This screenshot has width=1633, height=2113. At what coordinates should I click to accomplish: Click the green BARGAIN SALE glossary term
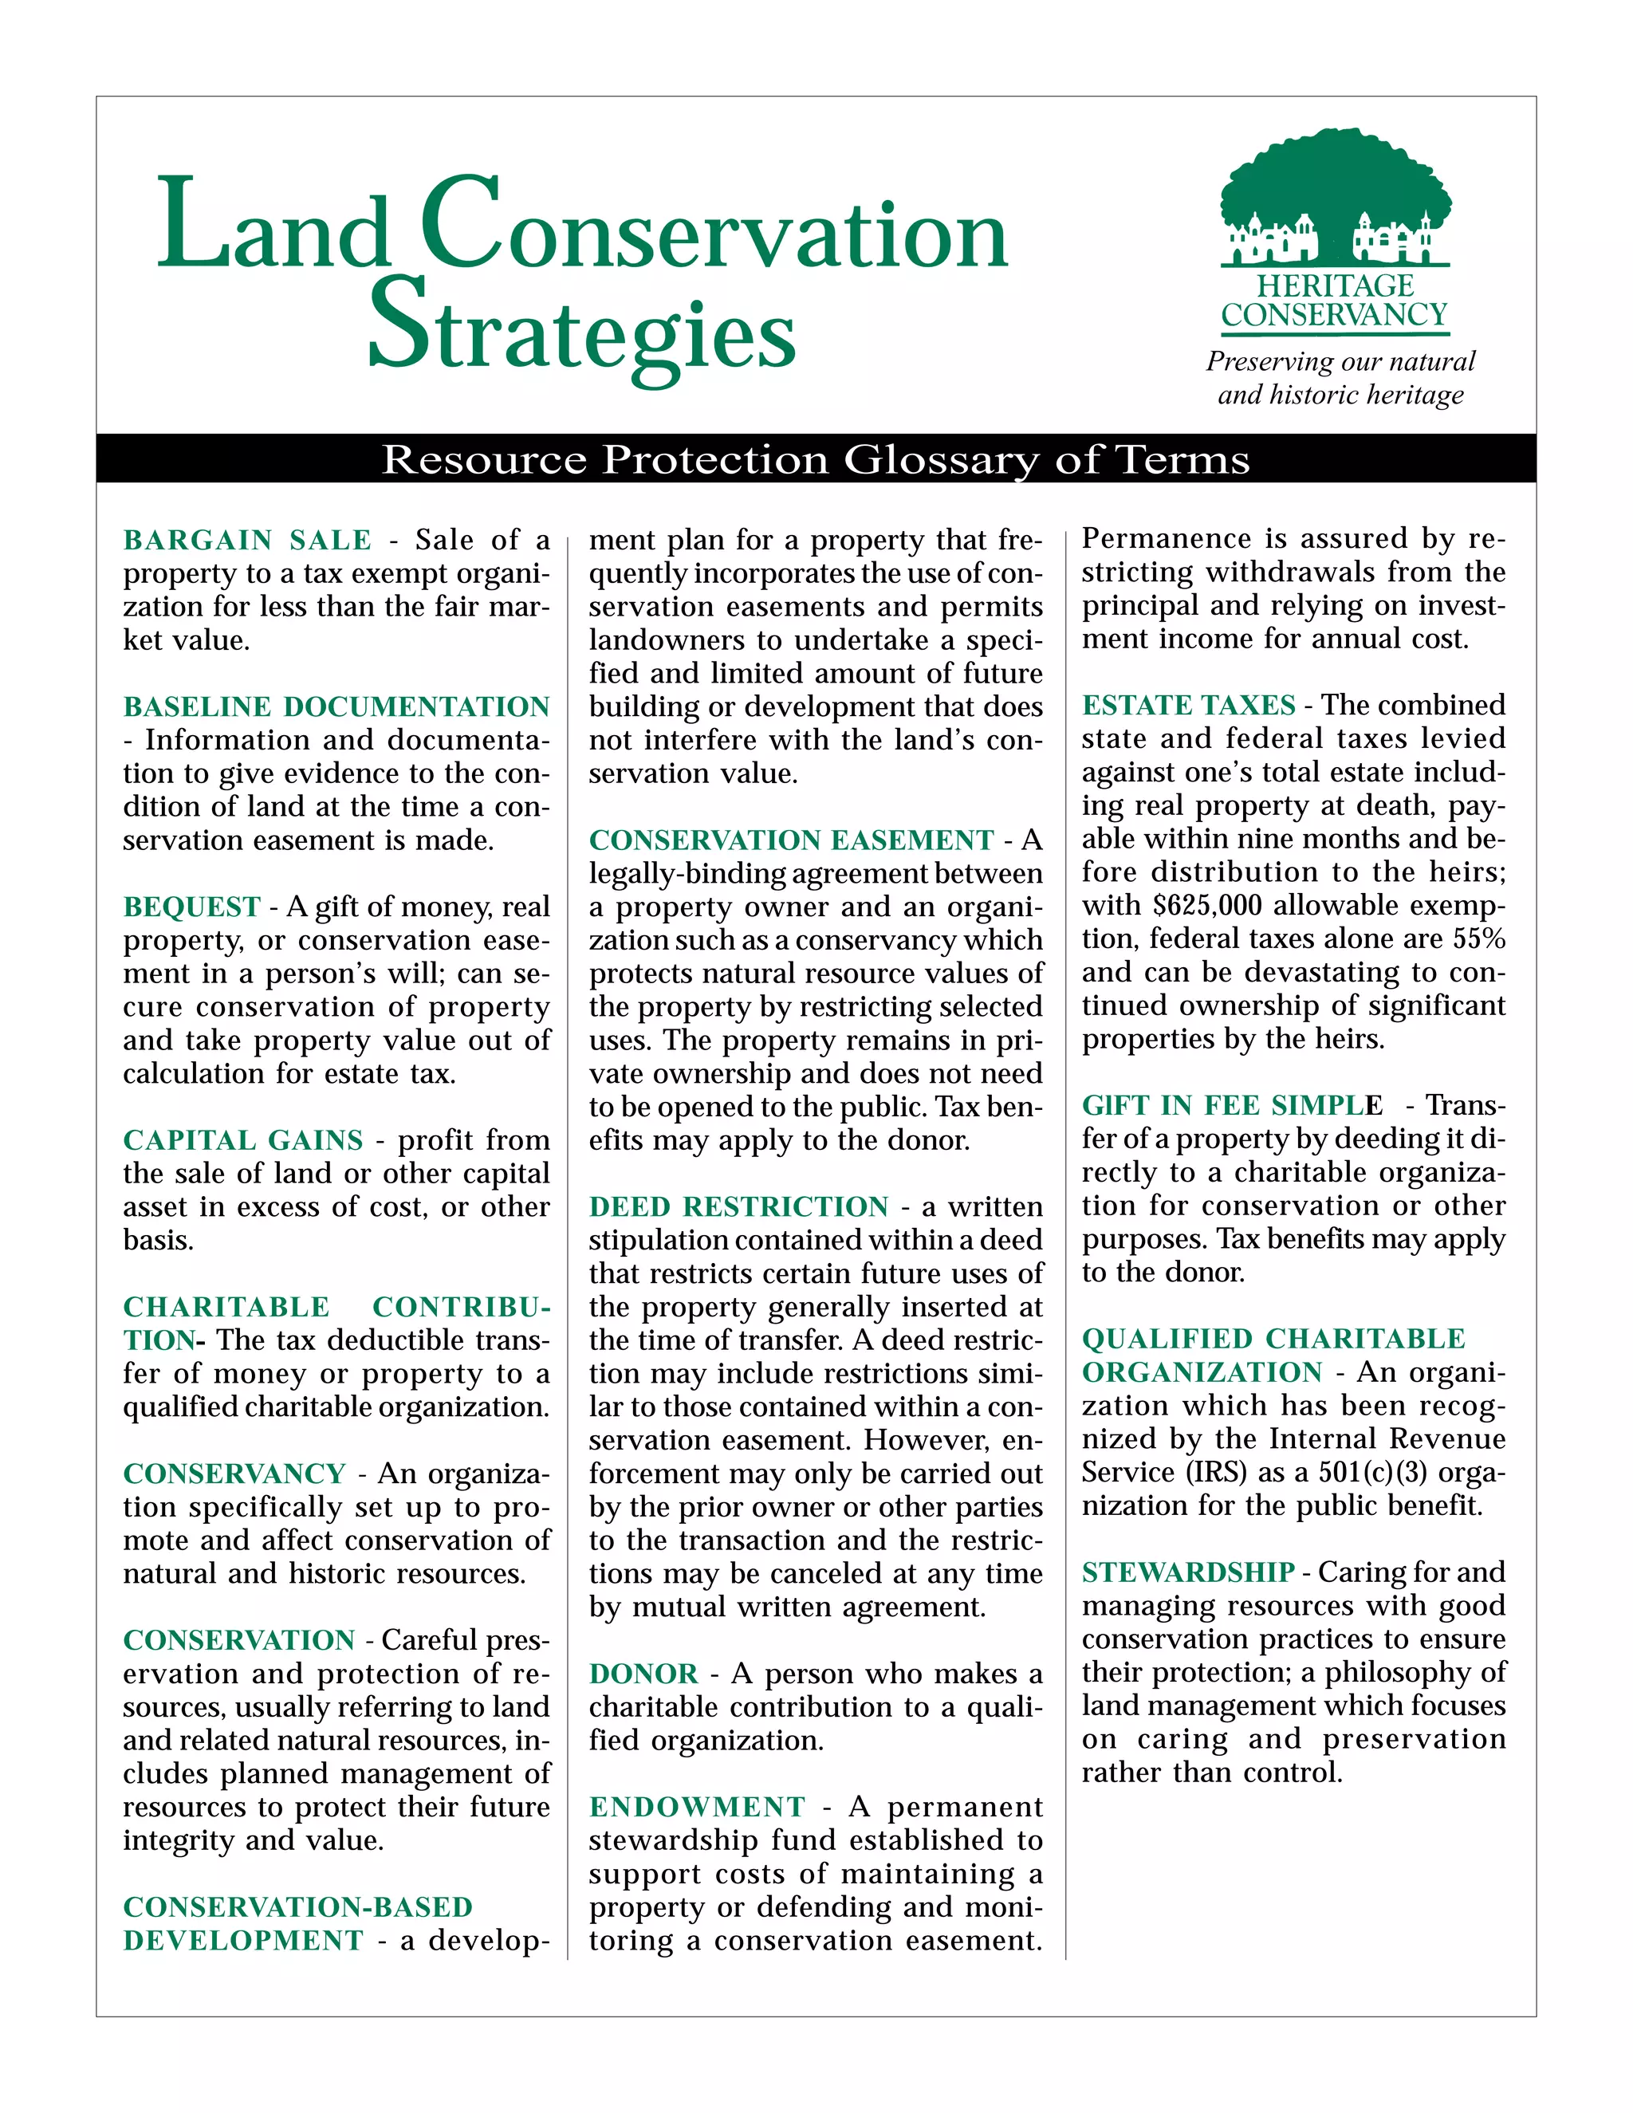tap(248, 540)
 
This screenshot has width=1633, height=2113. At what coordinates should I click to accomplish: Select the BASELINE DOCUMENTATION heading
tap(336, 706)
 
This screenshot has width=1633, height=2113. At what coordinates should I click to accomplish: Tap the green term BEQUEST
tap(191, 907)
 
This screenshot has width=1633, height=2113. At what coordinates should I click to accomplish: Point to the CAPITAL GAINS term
tap(243, 1139)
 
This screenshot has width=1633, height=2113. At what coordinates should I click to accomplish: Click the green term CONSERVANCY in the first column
tap(234, 1474)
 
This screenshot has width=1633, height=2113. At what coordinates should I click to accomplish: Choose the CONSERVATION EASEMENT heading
tap(791, 840)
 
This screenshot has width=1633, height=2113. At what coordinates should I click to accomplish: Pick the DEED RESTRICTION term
tap(738, 1206)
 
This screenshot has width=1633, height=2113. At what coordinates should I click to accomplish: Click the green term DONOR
tap(643, 1674)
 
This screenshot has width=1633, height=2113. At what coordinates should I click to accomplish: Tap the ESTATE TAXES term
tap(1188, 706)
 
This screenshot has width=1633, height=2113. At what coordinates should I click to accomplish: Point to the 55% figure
tap(1479, 938)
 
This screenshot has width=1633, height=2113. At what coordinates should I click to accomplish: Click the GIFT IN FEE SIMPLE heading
tap(1231, 1105)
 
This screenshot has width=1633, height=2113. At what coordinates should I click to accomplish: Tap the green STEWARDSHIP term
tap(1188, 1572)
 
